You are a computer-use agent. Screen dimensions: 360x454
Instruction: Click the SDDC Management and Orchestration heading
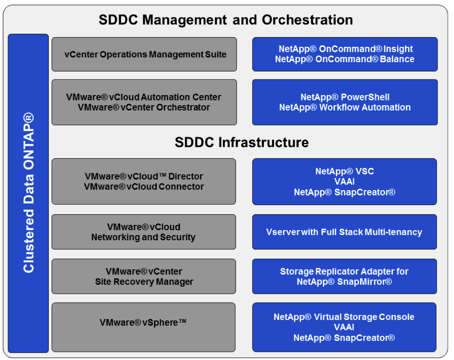coord(226,20)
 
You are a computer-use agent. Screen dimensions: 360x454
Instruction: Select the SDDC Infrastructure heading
coord(242,142)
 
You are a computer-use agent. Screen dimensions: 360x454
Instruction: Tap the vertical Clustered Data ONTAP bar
coord(28,193)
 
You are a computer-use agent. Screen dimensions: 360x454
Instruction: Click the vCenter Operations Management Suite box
coord(144,55)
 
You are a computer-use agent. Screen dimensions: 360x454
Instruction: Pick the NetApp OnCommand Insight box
coord(345,54)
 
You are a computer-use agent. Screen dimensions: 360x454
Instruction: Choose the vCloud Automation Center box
coord(144,102)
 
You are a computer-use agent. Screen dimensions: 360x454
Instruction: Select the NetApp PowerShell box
coord(345,102)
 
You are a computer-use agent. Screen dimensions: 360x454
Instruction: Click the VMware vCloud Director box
coord(144,181)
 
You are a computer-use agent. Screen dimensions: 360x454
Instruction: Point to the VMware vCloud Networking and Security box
coord(144,232)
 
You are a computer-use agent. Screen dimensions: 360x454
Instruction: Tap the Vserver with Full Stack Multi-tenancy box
coord(344,232)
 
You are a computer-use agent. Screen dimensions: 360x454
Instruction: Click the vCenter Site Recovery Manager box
coord(144,277)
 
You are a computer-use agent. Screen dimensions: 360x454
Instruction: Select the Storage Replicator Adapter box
coord(344,277)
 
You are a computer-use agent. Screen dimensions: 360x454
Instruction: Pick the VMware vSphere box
coord(144,327)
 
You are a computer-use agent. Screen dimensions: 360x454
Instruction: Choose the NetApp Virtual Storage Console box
coord(344,327)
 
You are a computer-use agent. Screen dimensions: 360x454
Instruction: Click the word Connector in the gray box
coord(180,187)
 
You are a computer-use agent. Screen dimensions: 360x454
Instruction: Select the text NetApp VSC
coord(344,171)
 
